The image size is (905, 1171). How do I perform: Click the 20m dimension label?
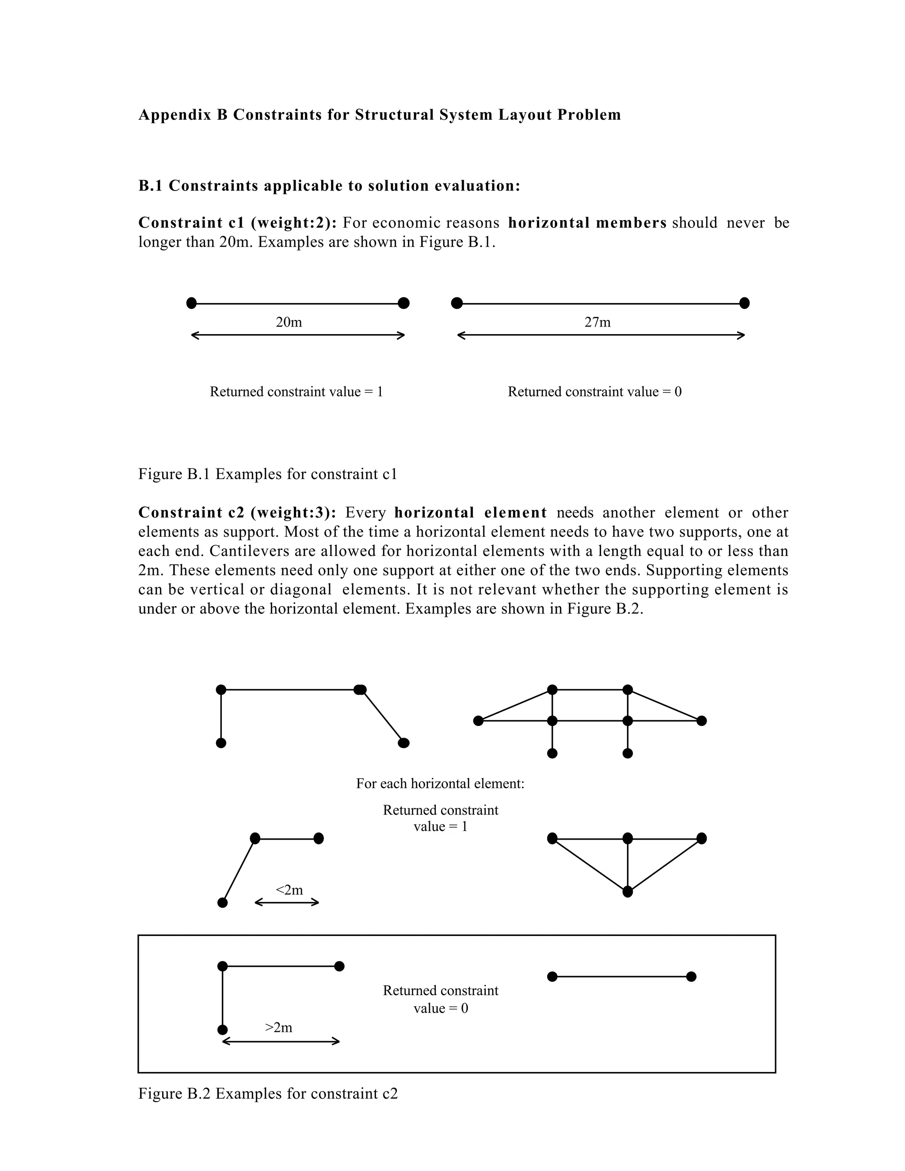click(x=289, y=322)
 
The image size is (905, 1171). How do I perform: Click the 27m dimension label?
click(x=597, y=322)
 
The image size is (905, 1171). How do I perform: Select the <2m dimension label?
click(x=289, y=890)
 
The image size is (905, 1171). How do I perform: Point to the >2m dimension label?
click(x=278, y=1027)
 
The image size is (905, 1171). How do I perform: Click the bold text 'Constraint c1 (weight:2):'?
click(x=237, y=223)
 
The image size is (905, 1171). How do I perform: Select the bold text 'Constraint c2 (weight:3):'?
click(x=237, y=513)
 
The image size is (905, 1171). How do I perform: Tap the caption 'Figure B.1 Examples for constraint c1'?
click(x=267, y=474)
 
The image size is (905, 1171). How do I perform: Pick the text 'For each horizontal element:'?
click(x=440, y=783)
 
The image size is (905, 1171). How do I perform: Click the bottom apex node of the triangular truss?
click(x=628, y=892)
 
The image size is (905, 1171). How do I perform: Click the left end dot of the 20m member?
click(x=191, y=304)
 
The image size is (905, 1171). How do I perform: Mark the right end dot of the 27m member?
click(x=744, y=304)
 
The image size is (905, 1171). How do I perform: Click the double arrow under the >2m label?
click(x=281, y=1042)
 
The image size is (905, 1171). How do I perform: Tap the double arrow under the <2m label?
click(x=287, y=902)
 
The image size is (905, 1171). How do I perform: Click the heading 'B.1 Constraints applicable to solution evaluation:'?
click(x=329, y=186)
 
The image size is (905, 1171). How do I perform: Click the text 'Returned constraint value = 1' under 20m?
click(x=296, y=392)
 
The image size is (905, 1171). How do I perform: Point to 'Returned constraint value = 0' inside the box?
click(x=440, y=1000)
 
